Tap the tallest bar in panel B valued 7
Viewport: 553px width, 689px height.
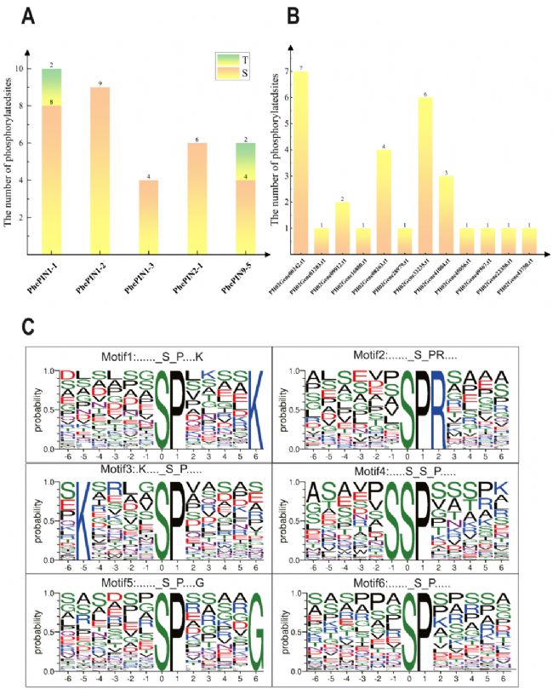[300, 162]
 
